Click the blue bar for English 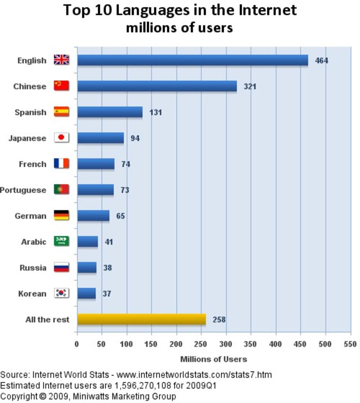(x=193, y=60)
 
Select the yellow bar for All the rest (x=141, y=319)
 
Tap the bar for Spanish (x=110, y=112)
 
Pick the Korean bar (x=86, y=294)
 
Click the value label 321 (x=250, y=86)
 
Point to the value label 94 (x=135, y=138)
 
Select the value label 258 (x=219, y=320)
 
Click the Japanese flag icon (x=61, y=138)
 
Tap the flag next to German (x=61, y=215)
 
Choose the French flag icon (x=61, y=164)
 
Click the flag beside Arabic (x=61, y=242)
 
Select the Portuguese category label (x=23, y=190)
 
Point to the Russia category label (x=33, y=268)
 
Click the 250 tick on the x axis (x=201, y=344)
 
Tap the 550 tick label (x=350, y=344)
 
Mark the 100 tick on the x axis (x=126, y=344)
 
